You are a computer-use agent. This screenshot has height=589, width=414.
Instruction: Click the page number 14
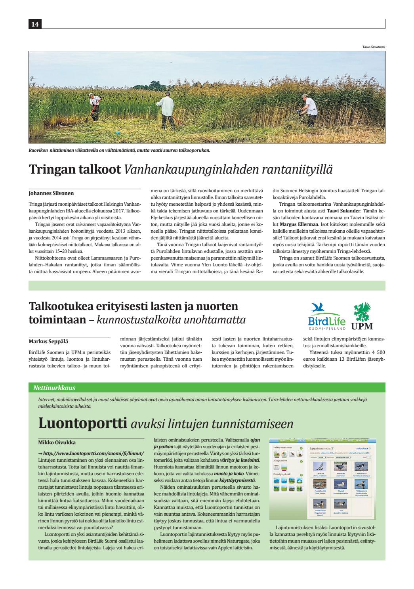[x=34, y=25]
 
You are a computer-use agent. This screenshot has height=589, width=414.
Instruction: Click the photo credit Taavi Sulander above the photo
[x=373, y=47]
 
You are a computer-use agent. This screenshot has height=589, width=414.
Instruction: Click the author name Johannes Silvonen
[x=51, y=193]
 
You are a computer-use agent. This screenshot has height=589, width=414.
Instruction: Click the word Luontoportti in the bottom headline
[x=82, y=423]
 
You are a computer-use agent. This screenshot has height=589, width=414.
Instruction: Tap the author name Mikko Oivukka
[x=51, y=442]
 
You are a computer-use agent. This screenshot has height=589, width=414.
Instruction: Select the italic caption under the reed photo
[x=119, y=150]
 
